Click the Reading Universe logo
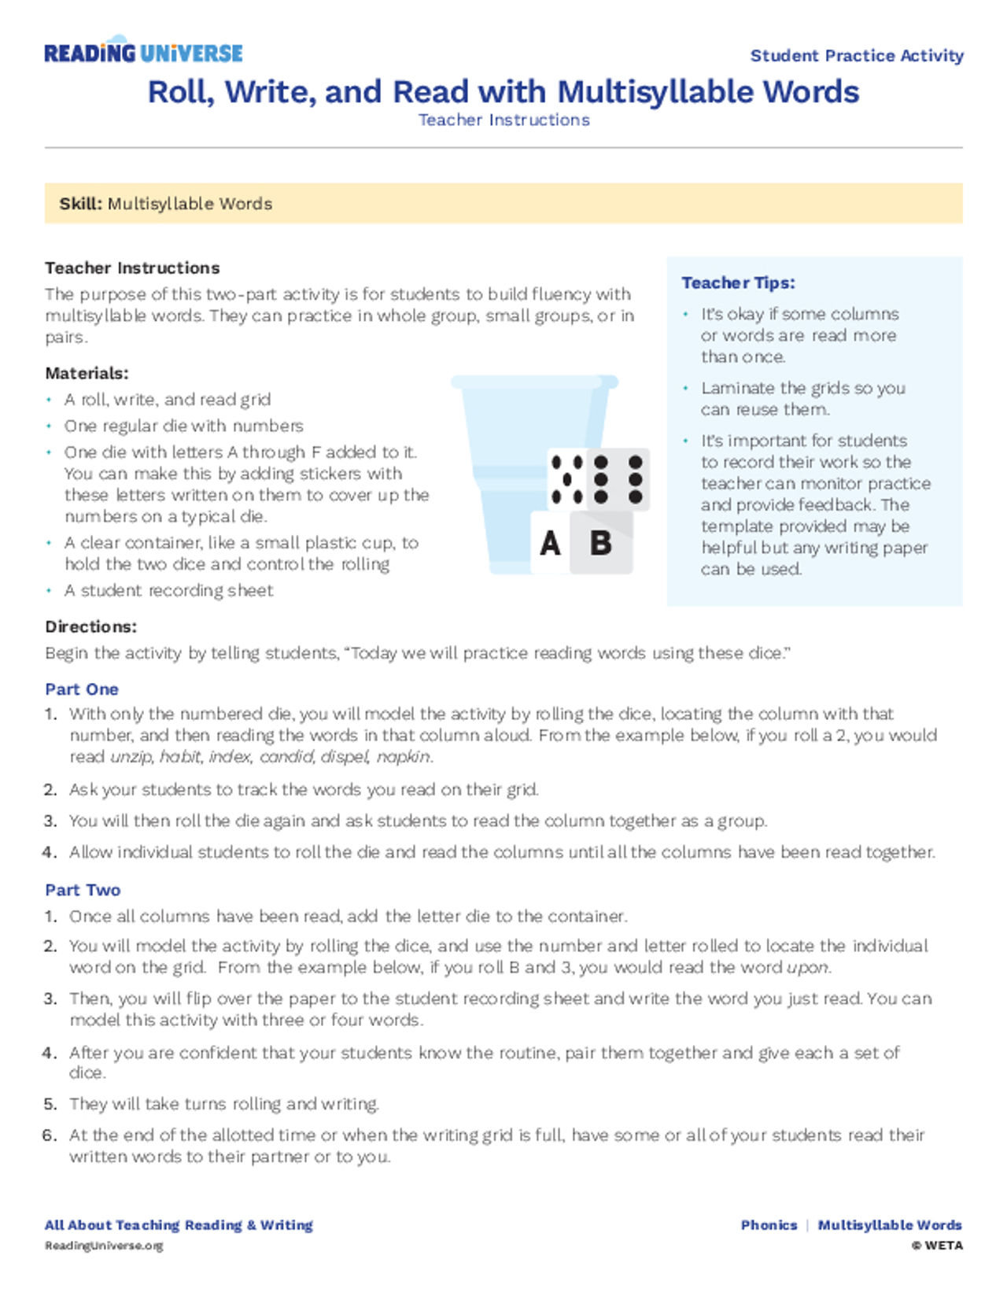[143, 52]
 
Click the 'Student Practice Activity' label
[856, 56]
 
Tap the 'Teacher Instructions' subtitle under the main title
[503, 120]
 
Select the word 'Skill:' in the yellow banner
[80, 204]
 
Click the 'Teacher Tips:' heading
[738, 282]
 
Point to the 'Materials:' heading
[87, 373]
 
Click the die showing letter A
[551, 543]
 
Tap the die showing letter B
[602, 543]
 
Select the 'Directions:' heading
[90, 627]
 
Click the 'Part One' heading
[82, 689]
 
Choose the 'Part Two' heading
[83, 890]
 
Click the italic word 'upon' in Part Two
[807, 968]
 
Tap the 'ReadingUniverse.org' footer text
[104, 1246]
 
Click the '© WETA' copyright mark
[936, 1246]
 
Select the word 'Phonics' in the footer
[769, 1225]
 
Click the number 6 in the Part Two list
[50, 1135]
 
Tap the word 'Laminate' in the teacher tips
[737, 388]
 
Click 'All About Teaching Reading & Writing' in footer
[179, 1225]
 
